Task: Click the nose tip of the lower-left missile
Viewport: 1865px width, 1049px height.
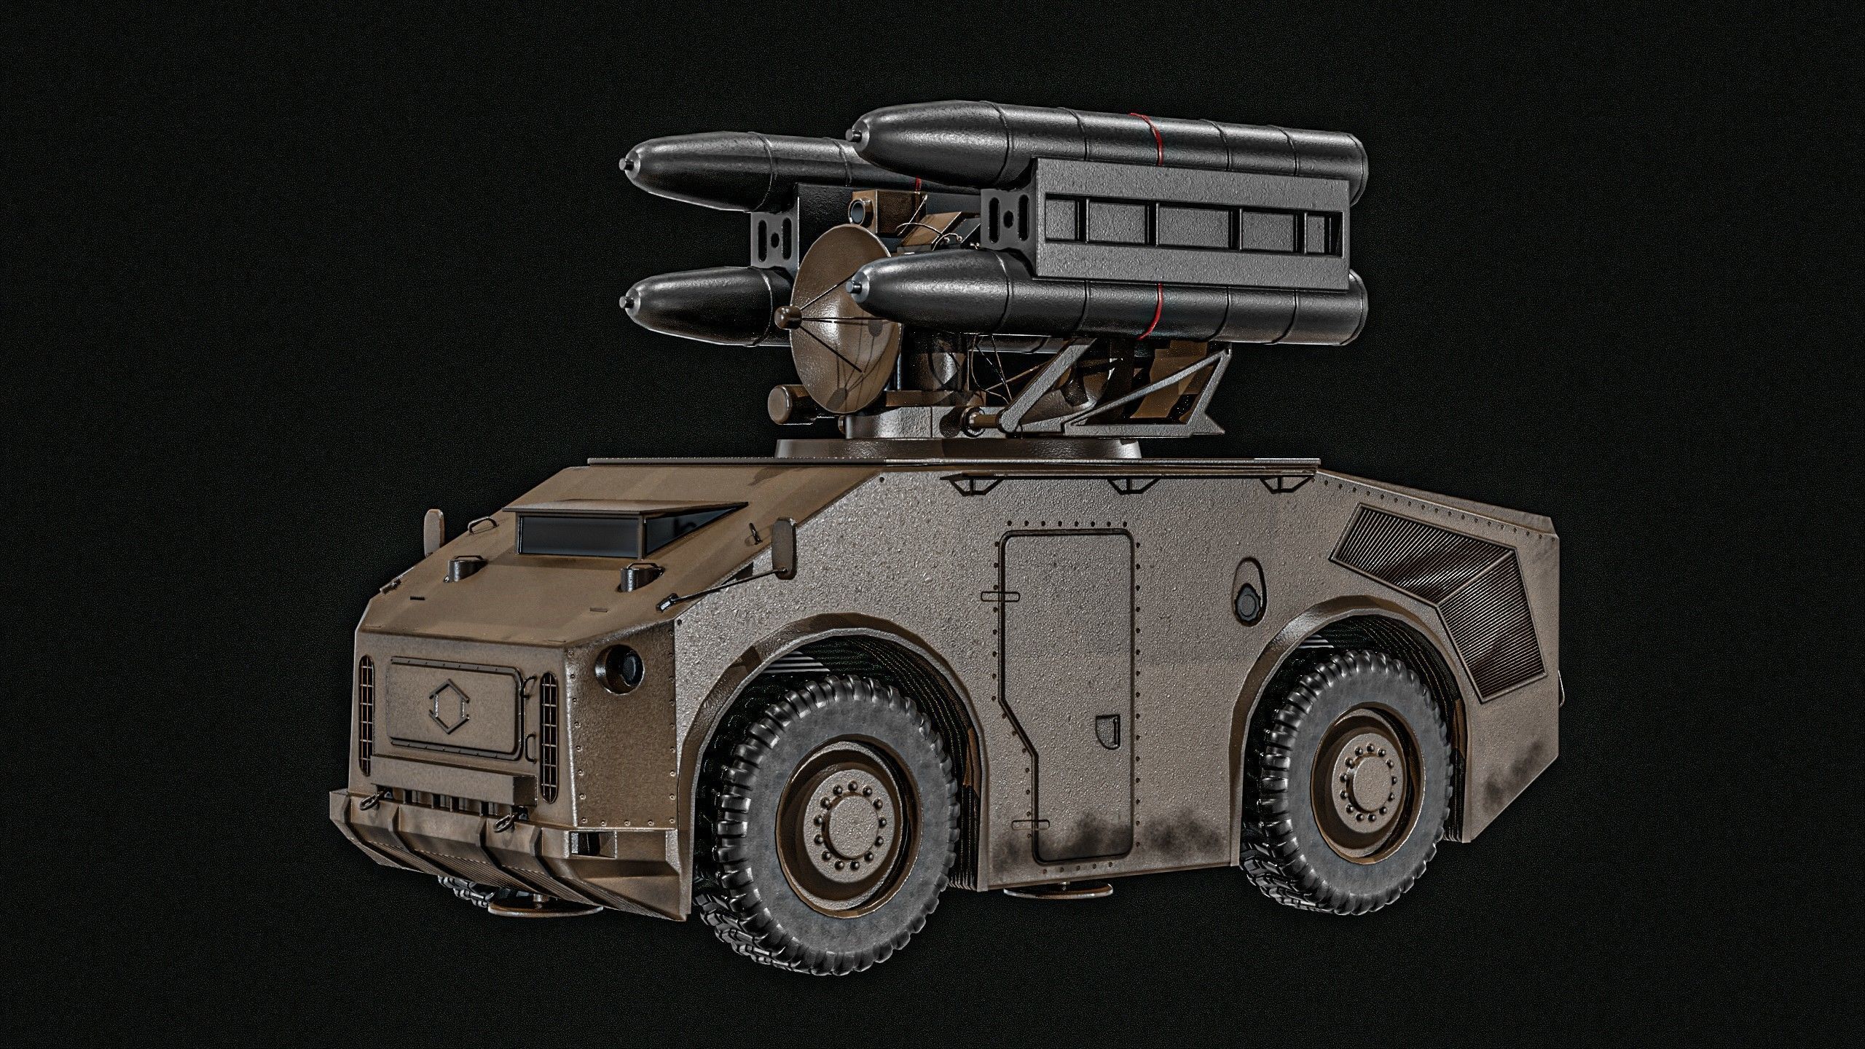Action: point(624,302)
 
